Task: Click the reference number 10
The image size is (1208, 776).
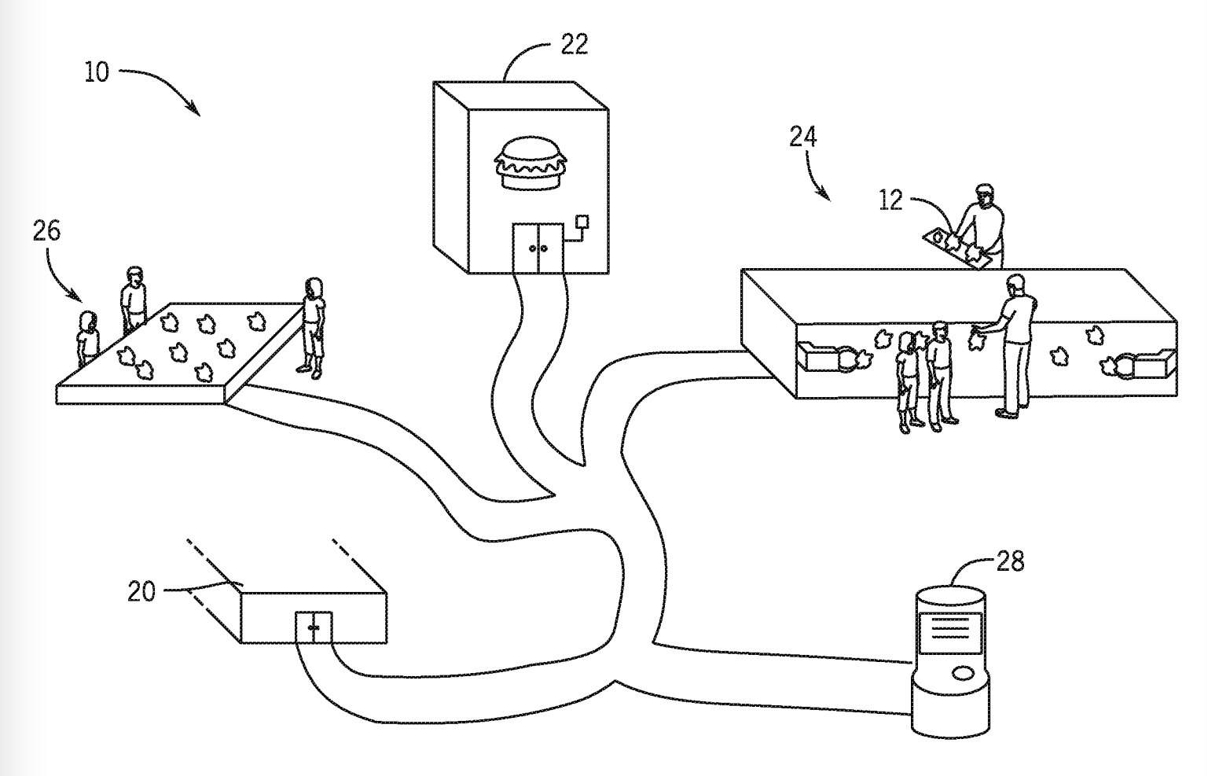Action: (x=97, y=72)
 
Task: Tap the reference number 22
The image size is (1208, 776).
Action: (x=575, y=44)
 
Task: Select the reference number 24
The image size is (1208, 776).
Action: (x=803, y=137)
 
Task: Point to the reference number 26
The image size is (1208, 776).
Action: (x=46, y=231)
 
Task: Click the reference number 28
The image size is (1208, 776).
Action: (x=1010, y=561)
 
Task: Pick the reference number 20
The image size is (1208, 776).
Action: (x=141, y=591)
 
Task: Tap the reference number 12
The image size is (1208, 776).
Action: (x=890, y=200)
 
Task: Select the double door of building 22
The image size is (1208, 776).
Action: (x=538, y=248)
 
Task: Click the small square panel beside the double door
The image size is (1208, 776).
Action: (x=582, y=222)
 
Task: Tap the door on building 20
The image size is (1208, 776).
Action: (x=314, y=627)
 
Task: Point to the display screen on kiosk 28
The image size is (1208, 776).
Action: (x=950, y=633)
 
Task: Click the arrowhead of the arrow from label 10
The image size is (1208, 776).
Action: (x=194, y=108)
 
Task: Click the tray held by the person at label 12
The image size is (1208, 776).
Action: (x=956, y=248)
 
